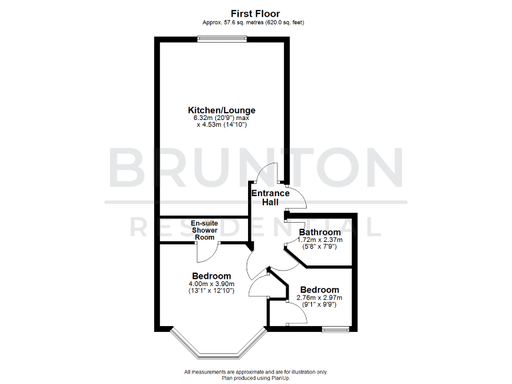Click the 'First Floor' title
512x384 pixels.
pyautogui.click(x=255, y=13)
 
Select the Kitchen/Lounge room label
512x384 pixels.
pyautogui.click(x=221, y=110)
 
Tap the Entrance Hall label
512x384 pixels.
pyautogui.click(x=270, y=197)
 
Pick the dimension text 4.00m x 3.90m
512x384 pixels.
pyautogui.click(x=211, y=284)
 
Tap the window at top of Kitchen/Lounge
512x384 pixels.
pyautogui.click(x=222, y=39)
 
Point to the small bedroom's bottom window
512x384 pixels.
pyautogui.click(x=335, y=329)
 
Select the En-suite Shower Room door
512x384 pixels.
pyautogui.click(x=207, y=252)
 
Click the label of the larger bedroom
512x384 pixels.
pyautogui.click(x=211, y=276)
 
